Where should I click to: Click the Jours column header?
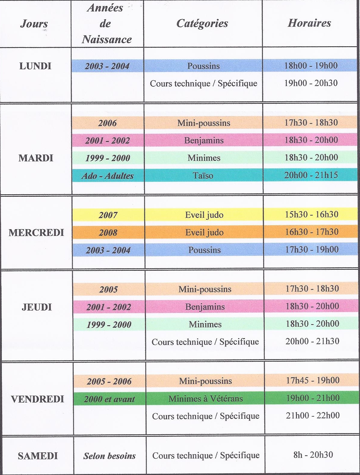coord(34,23)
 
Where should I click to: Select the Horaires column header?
coord(309,23)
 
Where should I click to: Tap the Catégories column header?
coord(202,23)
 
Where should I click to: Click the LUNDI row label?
coord(35,66)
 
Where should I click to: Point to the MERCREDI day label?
coord(36,233)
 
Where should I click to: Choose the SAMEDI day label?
coord(38,456)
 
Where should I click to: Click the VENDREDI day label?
coord(37,399)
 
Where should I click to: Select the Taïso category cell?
coord(203,175)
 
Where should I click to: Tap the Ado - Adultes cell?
coord(107,176)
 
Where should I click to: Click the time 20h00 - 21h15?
coord(311,175)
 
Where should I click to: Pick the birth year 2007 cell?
coord(108,215)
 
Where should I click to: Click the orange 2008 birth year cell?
coord(108,233)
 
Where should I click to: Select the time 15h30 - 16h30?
coord(312,214)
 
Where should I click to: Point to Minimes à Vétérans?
coord(205,399)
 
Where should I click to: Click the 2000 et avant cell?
coord(109,399)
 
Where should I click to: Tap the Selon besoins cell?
coord(109,456)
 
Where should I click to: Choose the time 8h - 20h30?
coord(313,455)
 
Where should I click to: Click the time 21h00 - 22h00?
coord(312,415)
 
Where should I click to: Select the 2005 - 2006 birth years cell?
coord(109,381)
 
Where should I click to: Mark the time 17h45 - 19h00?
coord(312,380)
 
